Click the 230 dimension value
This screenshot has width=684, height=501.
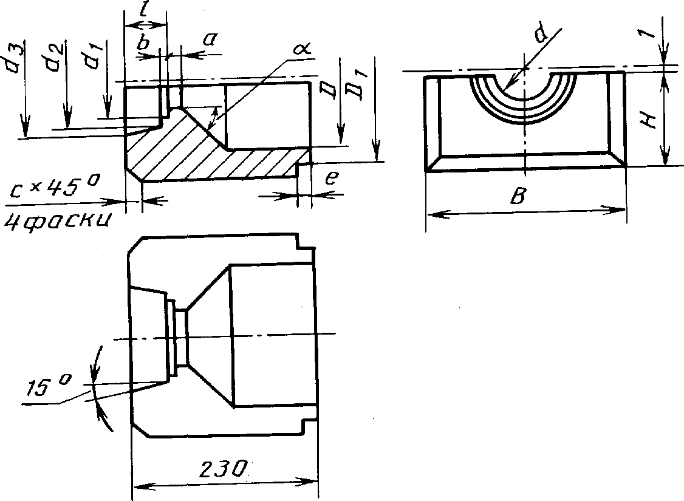coord(222,469)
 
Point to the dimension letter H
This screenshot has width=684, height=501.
coord(649,118)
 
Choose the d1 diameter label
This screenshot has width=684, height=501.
coord(92,56)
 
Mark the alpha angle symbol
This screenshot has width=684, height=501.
coord(302,48)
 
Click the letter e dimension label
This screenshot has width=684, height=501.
coord(332,178)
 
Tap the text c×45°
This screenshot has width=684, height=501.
coord(52,188)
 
